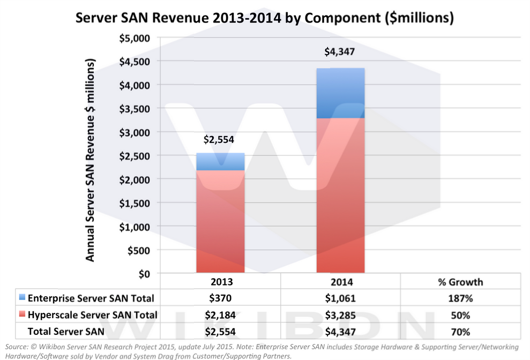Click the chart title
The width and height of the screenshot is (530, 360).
(265, 18)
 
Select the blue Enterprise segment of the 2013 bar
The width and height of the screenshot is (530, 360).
(221, 162)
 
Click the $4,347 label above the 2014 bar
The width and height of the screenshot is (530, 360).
(340, 52)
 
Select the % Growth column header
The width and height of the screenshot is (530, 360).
(460, 282)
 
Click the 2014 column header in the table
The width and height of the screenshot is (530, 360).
(340, 282)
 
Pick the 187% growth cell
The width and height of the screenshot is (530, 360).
(460, 298)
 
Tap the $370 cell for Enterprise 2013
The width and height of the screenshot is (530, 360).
(221, 298)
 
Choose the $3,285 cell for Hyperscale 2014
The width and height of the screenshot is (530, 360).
(340, 315)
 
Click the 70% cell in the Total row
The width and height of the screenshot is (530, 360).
(460, 332)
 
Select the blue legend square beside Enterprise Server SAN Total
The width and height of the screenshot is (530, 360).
(21, 298)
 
